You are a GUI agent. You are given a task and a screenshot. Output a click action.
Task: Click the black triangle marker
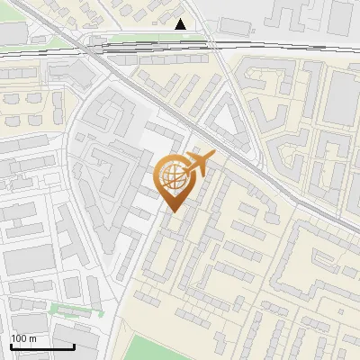(x=181, y=24)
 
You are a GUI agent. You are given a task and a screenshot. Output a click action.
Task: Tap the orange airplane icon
(x=201, y=162)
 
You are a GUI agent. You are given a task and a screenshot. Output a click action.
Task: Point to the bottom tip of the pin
(x=172, y=212)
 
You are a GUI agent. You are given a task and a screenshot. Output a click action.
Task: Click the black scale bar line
(x=42, y=346)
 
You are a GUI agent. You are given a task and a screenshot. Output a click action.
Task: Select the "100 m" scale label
(x=24, y=338)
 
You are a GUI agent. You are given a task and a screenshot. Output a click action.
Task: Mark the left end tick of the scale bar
(x=11, y=345)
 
